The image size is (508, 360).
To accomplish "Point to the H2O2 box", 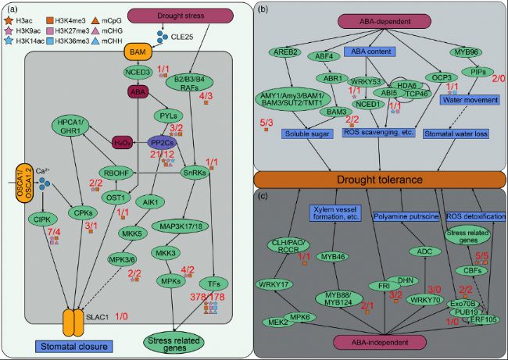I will tap(121, 142).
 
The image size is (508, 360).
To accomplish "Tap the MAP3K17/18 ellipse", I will tap(206, 228).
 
